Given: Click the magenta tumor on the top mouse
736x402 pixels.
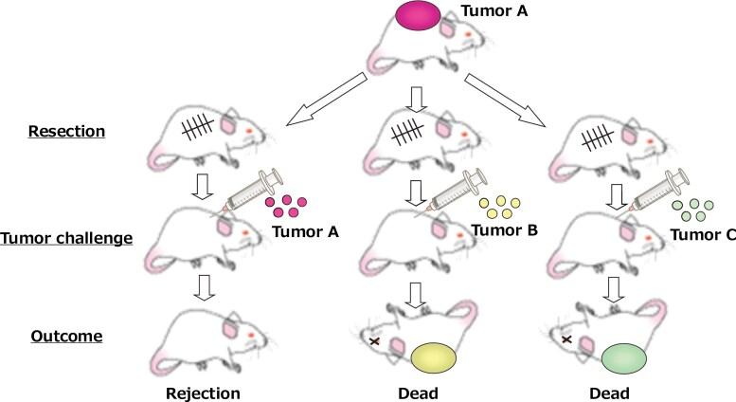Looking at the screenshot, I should click(x=417, y=17).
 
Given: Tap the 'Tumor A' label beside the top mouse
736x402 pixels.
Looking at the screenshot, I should click(x=491, y=12).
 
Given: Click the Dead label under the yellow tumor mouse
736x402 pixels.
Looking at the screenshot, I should click(x=416, y=393).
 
